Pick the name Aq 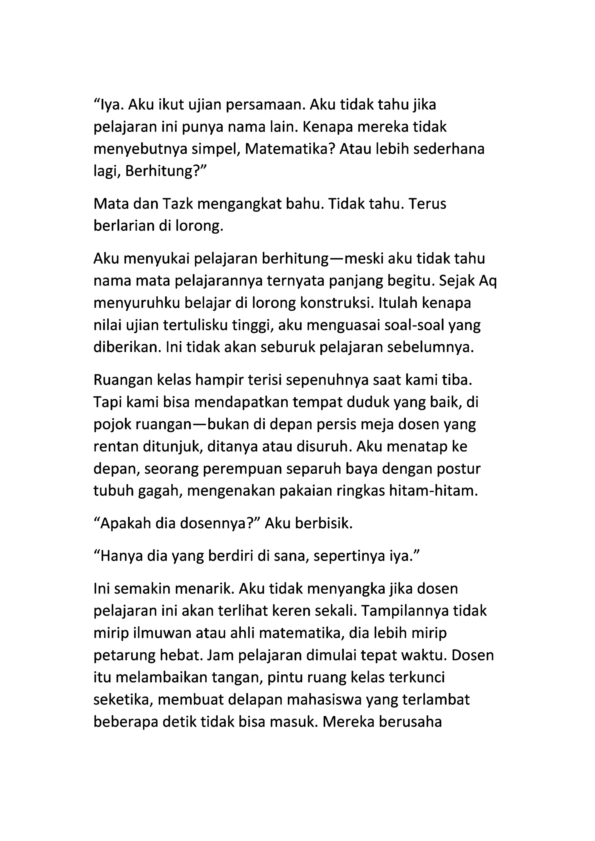488,281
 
